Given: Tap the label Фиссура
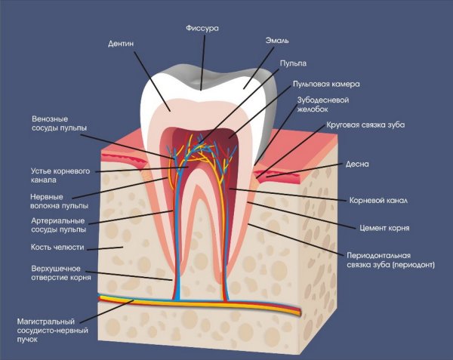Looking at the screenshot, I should coord(203,28).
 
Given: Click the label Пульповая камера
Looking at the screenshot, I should coord(327,84).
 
